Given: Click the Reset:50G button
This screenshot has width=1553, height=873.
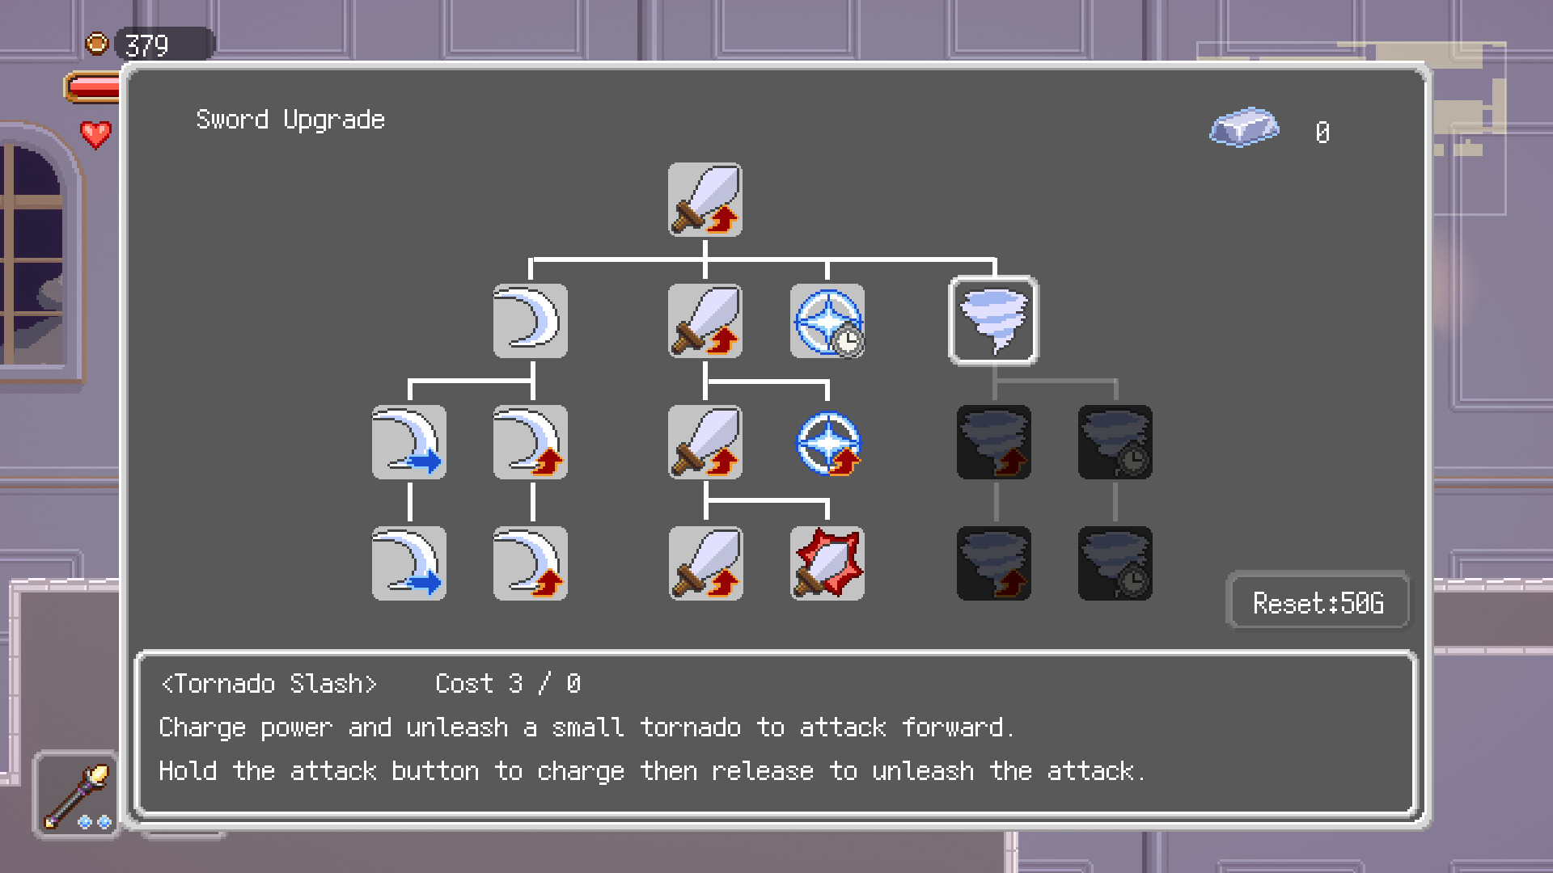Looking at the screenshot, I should point(1318,602).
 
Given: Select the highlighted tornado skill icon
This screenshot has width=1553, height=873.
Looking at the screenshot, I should point(993,321).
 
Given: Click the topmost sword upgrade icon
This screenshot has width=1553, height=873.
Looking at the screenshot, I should point(705,200).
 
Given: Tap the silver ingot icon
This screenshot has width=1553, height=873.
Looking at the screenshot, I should point(1244,128).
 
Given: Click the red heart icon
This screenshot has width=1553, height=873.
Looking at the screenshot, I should point(95,134).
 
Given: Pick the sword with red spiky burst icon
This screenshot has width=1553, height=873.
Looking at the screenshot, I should point(827,563).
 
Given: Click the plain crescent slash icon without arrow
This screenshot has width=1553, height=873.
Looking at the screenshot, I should point(530,321).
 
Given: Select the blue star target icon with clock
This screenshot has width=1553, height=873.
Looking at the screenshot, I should point(827,321).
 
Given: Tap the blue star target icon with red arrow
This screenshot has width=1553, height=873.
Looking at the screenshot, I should point(827,443).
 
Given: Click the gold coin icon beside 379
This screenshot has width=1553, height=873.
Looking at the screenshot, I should point(97,43).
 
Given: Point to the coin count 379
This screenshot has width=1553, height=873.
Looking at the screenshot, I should point(147,45).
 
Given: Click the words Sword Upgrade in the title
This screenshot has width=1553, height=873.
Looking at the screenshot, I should point(290,120).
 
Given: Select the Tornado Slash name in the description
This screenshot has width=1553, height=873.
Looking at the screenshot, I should point(269,684).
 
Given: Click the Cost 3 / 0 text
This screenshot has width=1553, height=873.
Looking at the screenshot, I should point(508,684).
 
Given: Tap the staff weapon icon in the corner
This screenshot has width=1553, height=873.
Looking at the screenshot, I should point(77,795).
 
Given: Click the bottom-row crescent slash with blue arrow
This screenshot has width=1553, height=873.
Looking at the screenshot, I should point(408,563).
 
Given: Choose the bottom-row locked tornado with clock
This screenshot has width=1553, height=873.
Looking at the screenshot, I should point(1115,563).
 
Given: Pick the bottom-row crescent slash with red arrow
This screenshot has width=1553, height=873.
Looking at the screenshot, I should point(530,563).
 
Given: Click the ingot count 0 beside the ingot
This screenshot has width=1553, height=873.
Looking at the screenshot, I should point(1322,132).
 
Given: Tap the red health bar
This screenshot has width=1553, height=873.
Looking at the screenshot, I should point(94,87).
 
